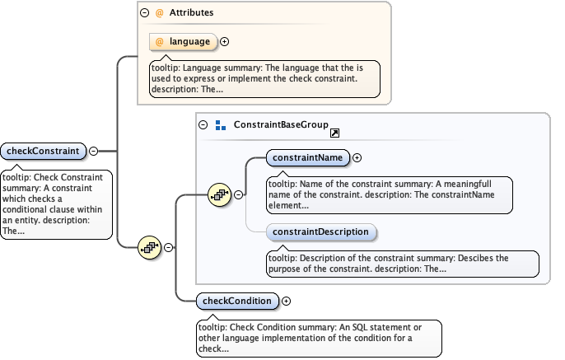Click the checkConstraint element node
pos(44,151)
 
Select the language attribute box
pos(183,41)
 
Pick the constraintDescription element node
pos(321,232)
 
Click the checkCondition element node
pos(237,301)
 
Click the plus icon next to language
pos(224,41)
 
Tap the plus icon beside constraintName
pos(357,157)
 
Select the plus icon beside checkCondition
pos(286,301)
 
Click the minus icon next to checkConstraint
pos(93,151)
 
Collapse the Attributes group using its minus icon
pos(145,14)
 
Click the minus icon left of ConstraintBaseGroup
pos(203,125)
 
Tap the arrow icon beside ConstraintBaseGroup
pos(335,133)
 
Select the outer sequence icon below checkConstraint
pos(150,246)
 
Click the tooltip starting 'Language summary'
pos(264,77)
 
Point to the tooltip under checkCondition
pos(318,337)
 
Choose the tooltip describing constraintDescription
pos(402,264)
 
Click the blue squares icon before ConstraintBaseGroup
pos(220,125)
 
